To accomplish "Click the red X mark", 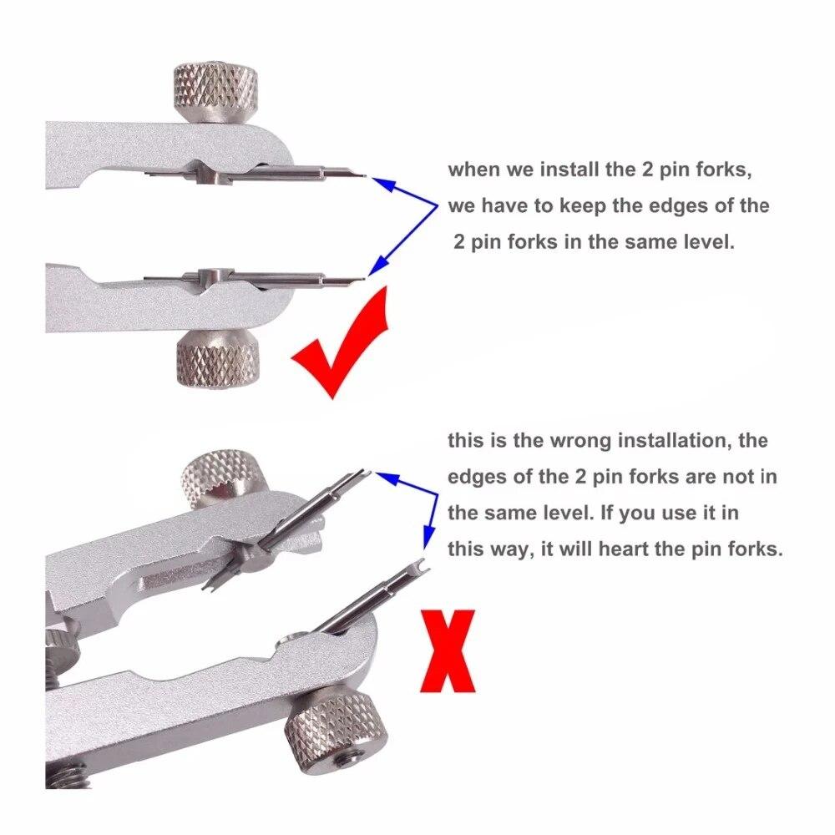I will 450,651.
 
